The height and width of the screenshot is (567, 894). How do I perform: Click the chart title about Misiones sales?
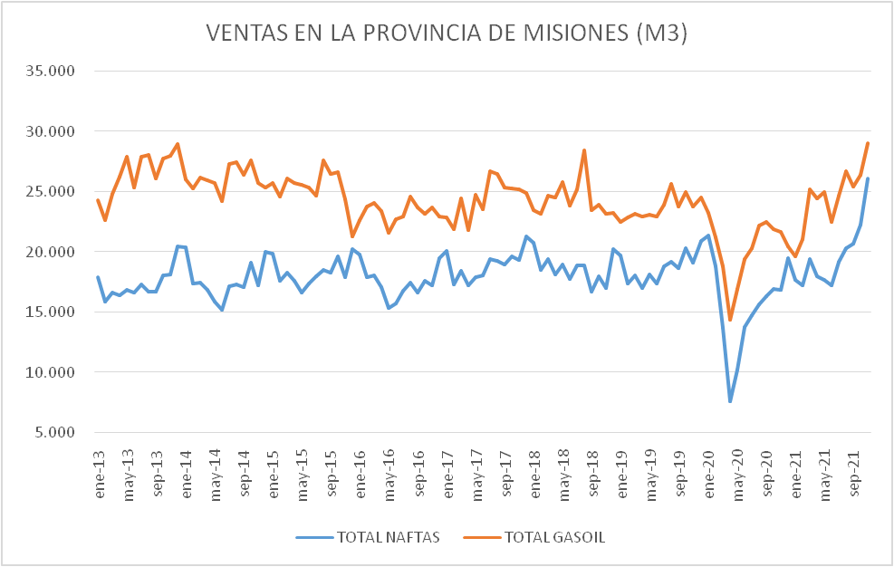[x=447, y=34]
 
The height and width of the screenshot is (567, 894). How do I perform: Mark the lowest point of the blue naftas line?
[x=730, y=401]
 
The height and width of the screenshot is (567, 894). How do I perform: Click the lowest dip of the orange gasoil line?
[x=730, y=320]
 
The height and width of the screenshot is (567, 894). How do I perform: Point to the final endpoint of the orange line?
[x=868, y=143]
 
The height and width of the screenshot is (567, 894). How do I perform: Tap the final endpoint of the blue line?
[x=868, y=178]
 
